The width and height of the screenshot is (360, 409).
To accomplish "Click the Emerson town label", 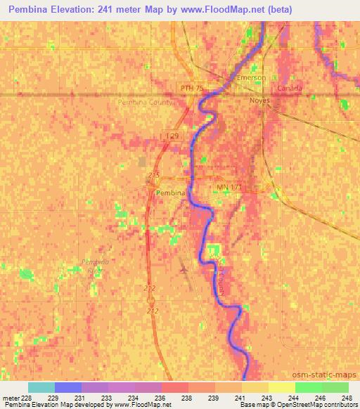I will pyautogui.click(x=252, y=77).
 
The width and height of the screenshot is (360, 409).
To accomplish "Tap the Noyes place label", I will pyautogui.click(x=259, y=100).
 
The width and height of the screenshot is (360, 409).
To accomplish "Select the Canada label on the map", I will pyautogui.click(x=289, y=89).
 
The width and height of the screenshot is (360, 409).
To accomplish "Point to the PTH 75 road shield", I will pyautogui.click(x=192, y=88).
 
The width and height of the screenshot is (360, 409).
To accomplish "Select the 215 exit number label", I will pyautogui.click(x=155, y=174).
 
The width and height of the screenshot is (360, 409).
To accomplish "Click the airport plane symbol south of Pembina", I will pyautogui.click(x=184, y=268).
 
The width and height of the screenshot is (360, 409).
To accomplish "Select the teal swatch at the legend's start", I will pyautogui.click(x=41, y=387).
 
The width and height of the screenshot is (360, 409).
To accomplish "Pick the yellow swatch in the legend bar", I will pyautogui.click(x=281, y=387).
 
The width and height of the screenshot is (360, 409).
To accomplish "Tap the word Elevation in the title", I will pyautogui.click(x=73, y=10).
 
